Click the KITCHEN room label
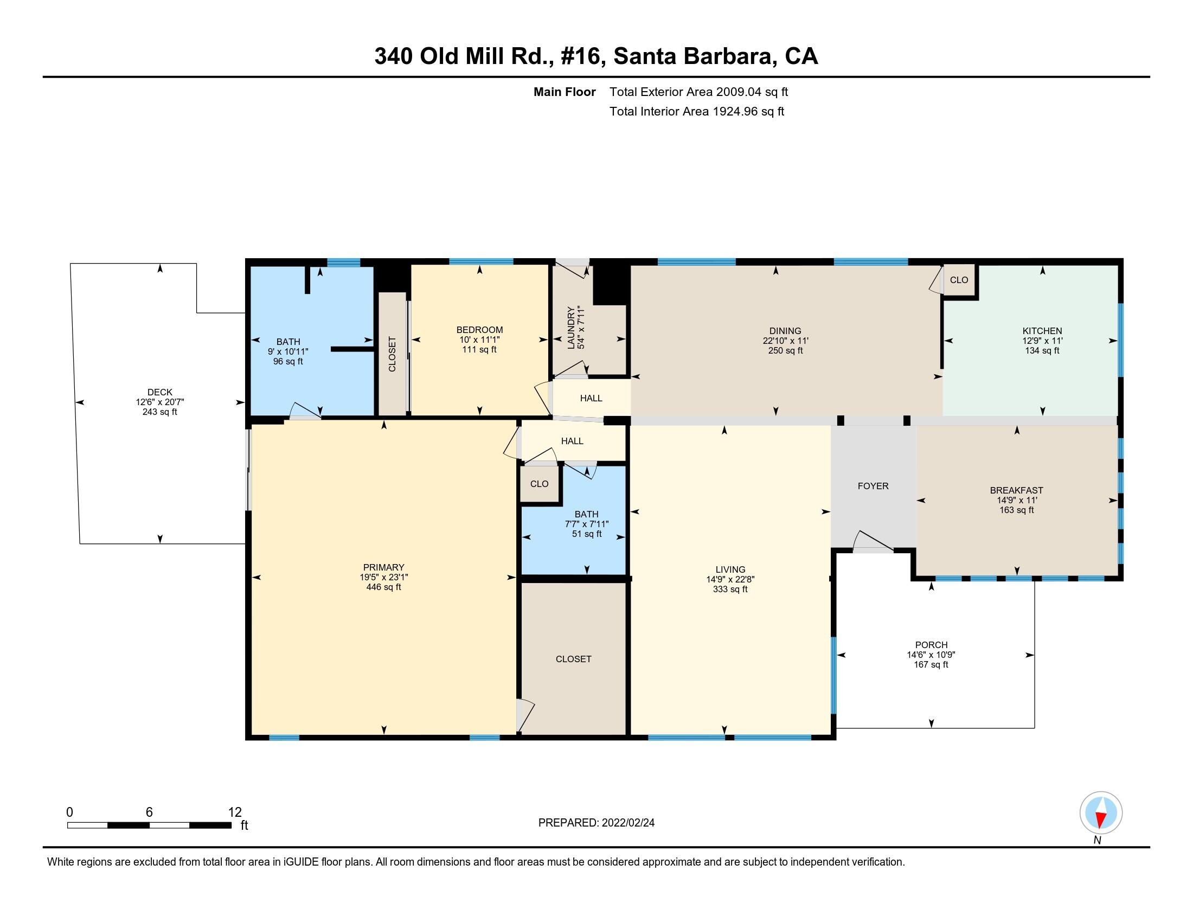pyautogui.click(x=1042, y=330)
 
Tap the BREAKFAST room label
pyautogui.click(x=1016, y=490)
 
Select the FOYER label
pyautogui.click(x=873, y=485)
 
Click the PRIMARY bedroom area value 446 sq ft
pyautogui.click(x=383, y=587)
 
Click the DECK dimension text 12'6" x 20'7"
pyautogui.click(x=159, y=402)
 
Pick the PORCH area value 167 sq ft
pyautogui.click(x=931, y=664)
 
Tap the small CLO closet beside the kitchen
pyautogui.click(x=959, y=280)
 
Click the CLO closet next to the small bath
pyautogui.click(x=538, y=483)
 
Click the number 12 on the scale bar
pyautogui.click(x=234, y=812)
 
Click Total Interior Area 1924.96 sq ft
pyautogui.click(x=696, y=111)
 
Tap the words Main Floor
pyautogui.click(x=565, y=92)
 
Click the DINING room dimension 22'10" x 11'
pyautogui.click(x=785, y=340)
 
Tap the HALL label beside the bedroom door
pyautogui.click(x=591, y=398)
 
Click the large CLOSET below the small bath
pyautogui.click(x=573, y=659)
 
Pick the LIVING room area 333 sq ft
pyautogui.click(x=729, y=589)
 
